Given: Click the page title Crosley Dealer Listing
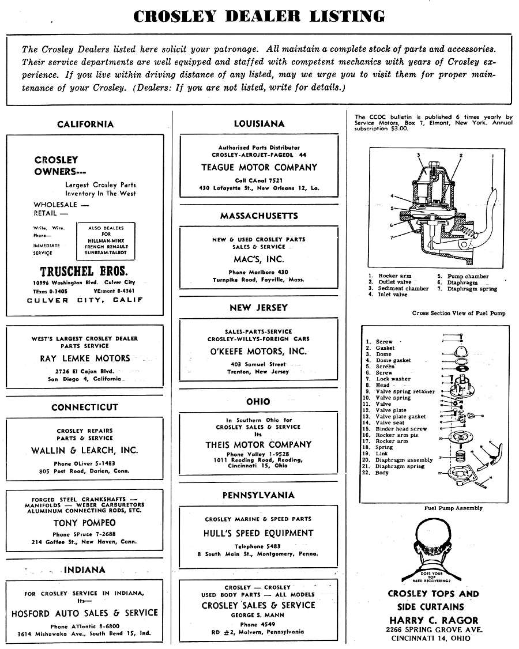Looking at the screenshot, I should (259, 16).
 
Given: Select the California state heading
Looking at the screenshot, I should (85, 124).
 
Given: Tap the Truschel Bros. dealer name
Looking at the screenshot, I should (84, 271).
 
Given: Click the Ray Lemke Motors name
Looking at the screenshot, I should (85, 358).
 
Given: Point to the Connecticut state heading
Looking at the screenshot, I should (85, 407).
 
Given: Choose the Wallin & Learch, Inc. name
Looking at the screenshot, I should (85, 450).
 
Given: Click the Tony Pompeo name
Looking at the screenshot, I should (85, 523).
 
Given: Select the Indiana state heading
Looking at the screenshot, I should (85, 570).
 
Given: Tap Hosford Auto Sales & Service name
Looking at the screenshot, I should (85, 613).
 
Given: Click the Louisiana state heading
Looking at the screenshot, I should (259, 123).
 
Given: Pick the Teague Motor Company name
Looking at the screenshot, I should (259, 167).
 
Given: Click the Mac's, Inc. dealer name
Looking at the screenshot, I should (259, 259).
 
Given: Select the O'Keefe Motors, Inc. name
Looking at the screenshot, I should (259, 351).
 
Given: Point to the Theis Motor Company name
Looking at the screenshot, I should (259, 444).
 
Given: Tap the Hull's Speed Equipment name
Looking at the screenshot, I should (259, 533).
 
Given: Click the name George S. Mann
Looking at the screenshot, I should (258, 615).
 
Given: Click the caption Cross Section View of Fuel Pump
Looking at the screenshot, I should (459, 313).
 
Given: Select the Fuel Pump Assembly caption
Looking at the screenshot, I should (453, 508).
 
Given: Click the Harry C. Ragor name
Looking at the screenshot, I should (434, 620).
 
